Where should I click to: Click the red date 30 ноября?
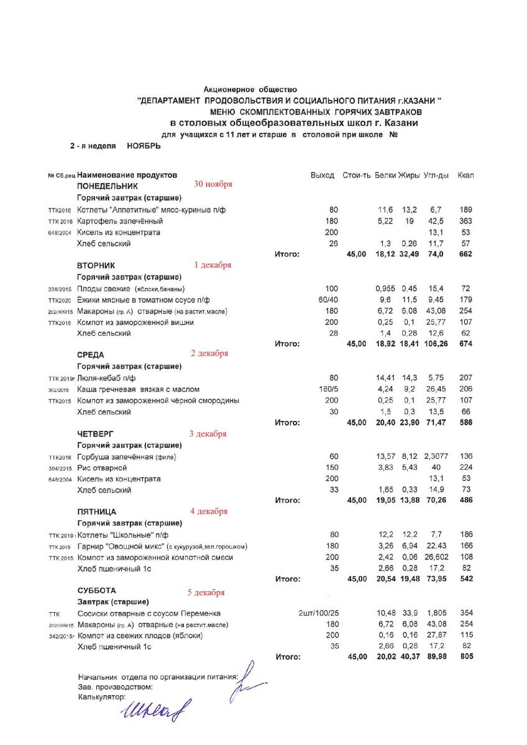213,184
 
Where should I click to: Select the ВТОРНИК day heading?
96,265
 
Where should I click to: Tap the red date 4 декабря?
209,512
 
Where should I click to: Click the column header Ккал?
465,175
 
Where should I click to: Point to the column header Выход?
322,175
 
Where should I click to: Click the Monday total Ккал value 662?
465,255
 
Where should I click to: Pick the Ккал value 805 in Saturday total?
465,657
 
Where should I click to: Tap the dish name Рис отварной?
102,467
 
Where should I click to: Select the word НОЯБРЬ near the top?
144,146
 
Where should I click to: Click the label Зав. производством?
115,687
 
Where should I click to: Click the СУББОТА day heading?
96,590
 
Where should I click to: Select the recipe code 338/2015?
60,289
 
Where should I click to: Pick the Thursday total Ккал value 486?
465,500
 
